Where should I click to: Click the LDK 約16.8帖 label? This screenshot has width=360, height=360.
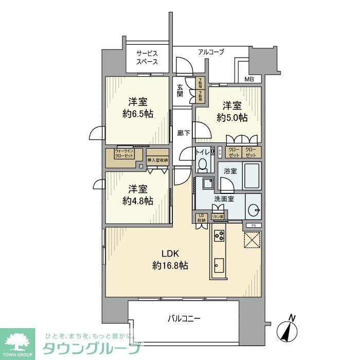(170, 260)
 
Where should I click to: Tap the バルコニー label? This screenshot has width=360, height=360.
(184, 318)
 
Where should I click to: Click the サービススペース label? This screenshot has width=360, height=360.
(147, 57)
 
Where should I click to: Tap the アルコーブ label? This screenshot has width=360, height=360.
(211, 52)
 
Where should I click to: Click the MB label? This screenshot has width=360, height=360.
(249, 79)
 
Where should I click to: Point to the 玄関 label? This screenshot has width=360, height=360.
(180, 91)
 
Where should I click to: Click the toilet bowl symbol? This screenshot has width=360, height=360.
(202, 164)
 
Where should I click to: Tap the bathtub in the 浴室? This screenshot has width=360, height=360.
(252, 176)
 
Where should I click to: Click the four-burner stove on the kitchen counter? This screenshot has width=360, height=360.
(219, 236)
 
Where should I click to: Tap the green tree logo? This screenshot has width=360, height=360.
(17, 343)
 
